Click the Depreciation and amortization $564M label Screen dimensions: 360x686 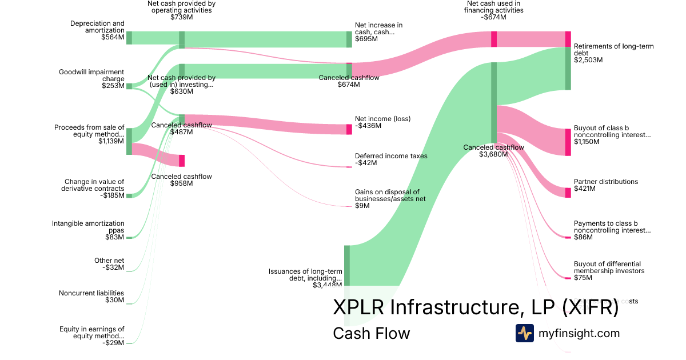point(97,30)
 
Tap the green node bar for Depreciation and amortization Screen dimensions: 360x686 point(129,38)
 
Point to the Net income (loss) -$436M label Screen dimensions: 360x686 point(382,122)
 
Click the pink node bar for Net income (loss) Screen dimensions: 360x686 point(349,129)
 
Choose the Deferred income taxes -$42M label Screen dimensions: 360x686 point(390,159)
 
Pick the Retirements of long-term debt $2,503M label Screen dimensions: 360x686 point(613,53)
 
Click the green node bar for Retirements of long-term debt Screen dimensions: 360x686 point(568,69)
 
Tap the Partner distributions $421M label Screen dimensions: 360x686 point(605,185)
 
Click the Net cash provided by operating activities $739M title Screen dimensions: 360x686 point(181,10)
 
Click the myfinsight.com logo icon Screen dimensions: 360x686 point(524,333)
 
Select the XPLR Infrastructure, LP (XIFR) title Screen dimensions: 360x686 point(476,307)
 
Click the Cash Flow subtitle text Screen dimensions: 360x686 point(371,333)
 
